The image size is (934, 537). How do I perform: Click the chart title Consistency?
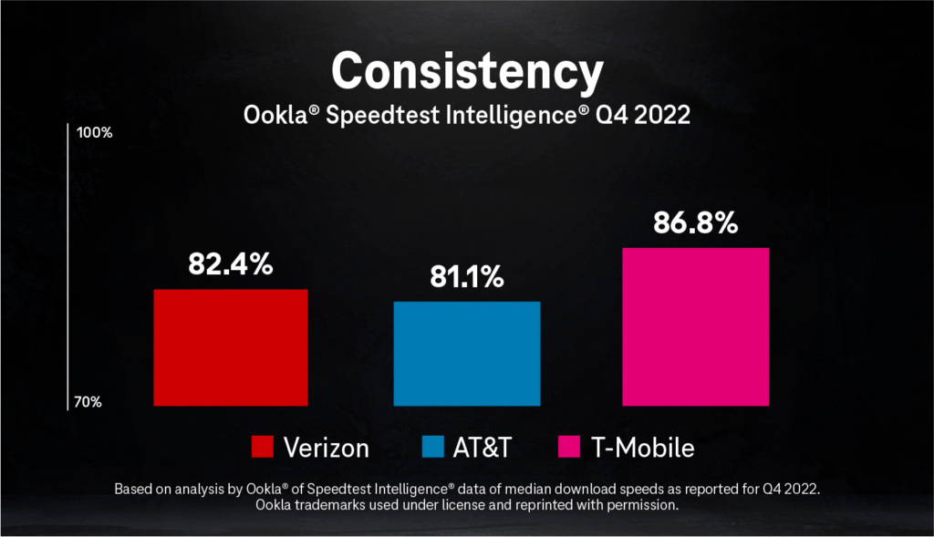(x=466, y=70)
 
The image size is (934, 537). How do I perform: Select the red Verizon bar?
(x=230, y=347)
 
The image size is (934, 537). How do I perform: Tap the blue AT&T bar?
(x=466, y=354)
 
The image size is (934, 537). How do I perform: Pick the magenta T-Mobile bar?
(x=695, y=326)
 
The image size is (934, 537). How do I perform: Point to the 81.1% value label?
(x=466, y=277)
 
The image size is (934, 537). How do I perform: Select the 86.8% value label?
(x=695, y=222)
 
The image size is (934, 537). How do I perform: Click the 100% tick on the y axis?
(x=95, y=133)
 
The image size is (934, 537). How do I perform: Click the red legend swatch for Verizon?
(x=263, y=448)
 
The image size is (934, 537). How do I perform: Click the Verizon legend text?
(x=326, y=448)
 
